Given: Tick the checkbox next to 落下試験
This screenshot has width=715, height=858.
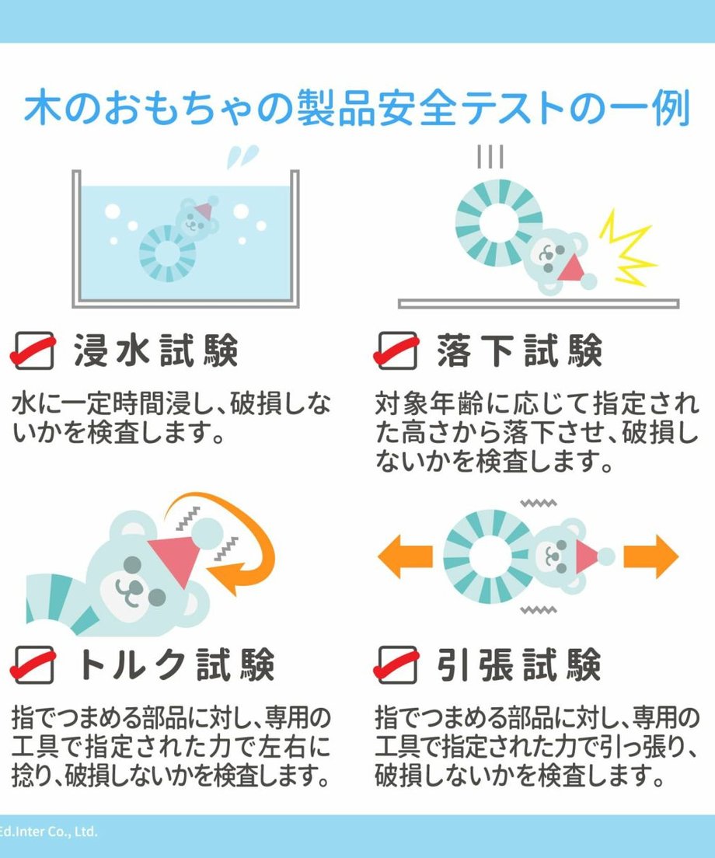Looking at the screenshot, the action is pos(397,351).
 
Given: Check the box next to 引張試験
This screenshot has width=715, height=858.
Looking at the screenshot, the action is pos(397,664).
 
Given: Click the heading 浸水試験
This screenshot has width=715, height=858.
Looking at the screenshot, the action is pos(156,351).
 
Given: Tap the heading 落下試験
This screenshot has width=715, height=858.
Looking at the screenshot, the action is pos(519,351).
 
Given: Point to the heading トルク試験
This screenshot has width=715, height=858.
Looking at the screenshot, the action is pos(176,664).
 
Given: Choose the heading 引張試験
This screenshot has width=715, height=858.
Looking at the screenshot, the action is pos(519,664).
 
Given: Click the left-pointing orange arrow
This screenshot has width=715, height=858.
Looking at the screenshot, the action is pos(406,556).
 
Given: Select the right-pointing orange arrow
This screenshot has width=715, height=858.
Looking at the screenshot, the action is pos(651,556).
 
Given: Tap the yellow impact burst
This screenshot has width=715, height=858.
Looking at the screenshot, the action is pos(627,248).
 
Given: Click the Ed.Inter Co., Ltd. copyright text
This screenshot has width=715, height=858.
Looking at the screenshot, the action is pos(48,832).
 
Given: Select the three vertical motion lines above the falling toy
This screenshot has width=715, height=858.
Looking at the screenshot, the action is pos(490,156).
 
